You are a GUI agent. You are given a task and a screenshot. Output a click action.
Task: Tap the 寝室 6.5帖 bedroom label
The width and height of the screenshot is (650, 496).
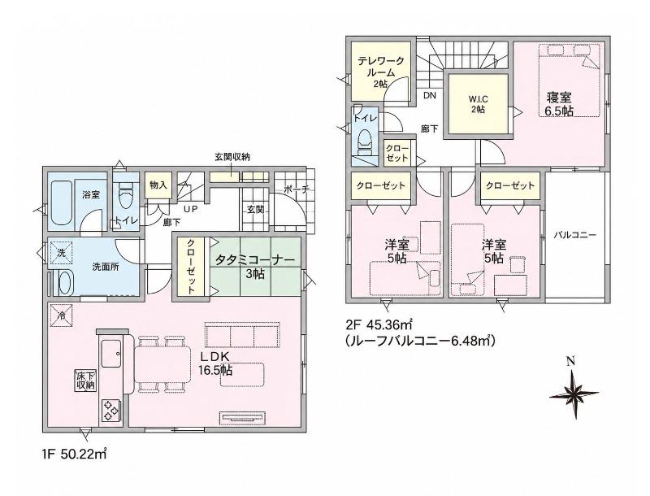(559, 105)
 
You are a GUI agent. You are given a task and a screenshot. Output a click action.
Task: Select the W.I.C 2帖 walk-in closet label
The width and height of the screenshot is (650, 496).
(478, 104)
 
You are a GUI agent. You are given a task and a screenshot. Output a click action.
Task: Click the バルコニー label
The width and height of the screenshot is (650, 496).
(575, 235)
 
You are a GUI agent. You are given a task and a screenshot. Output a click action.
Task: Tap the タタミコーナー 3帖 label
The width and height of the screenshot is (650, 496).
(255, 266)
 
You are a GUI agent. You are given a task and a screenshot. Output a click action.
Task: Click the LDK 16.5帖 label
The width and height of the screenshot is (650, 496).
(215, 363)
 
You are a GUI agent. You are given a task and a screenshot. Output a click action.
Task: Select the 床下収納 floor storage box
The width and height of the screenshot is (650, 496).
(86, 380)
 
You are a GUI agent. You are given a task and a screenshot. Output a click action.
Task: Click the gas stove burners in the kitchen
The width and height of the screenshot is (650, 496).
(110, 410)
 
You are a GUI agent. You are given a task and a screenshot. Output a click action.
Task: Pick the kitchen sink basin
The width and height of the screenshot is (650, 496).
(111, 354)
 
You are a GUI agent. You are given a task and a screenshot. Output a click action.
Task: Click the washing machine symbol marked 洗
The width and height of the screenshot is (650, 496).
(62, 253)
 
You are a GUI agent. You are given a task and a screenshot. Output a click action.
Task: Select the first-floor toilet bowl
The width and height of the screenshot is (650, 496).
(125, 198)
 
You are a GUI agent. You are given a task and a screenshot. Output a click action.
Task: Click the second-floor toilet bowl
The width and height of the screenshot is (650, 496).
(365, 139)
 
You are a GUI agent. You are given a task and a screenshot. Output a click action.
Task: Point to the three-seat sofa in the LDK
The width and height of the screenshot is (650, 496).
(242, 335)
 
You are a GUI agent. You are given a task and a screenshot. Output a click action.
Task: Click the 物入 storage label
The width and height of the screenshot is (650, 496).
(158, 185)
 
